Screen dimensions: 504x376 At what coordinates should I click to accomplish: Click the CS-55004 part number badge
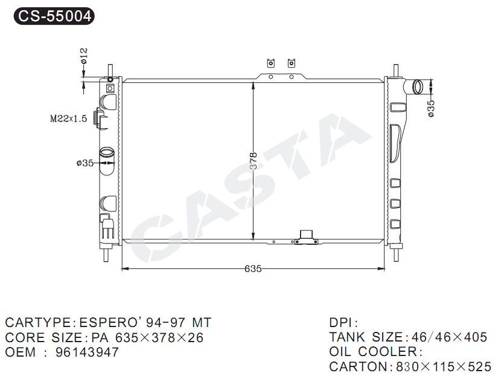54,16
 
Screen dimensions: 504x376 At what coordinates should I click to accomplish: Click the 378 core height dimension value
254,161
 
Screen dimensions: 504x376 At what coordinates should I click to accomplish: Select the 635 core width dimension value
253,268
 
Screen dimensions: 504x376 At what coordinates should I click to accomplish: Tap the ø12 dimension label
83,56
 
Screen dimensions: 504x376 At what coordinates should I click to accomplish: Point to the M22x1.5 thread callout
68,119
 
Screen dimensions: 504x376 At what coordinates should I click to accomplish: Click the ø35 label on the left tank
85,163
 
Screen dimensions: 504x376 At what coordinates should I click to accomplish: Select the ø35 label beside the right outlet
431,108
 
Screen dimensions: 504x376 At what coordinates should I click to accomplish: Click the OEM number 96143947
87,352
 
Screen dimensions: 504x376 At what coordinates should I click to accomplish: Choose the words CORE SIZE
43,337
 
